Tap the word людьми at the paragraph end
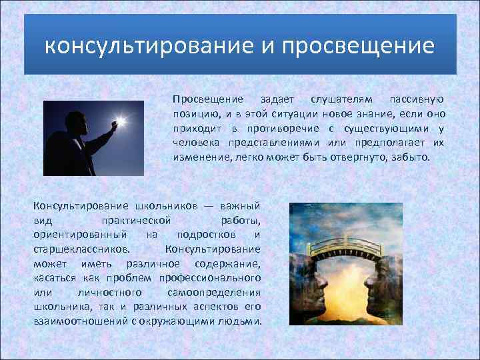pos(243,321)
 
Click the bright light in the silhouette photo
pos(121,123)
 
